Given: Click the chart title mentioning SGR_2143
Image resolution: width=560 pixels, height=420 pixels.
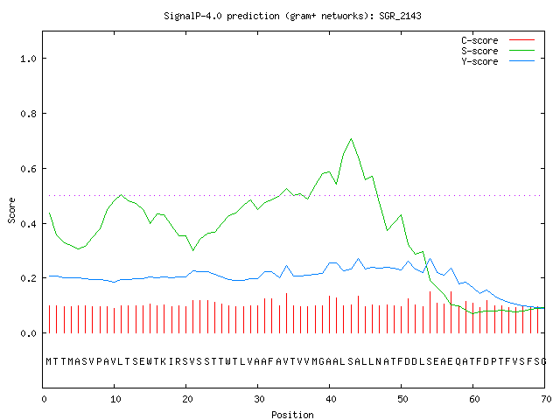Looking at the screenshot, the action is [x=292, y=16].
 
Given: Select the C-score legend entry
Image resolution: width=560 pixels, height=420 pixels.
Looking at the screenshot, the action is [x=498, y=40].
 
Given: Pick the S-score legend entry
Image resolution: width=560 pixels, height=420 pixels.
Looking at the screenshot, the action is [x=498, y=51].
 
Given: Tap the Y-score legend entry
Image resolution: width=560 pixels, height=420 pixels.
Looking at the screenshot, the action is [x=498, y=61].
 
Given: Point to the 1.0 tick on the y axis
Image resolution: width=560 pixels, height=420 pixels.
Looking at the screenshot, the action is [x=28, y=59].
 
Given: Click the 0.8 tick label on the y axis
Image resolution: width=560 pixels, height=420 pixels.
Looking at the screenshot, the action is [x=28, y=114].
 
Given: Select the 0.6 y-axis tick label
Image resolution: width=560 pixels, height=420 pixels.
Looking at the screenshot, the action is [x=28, y=169].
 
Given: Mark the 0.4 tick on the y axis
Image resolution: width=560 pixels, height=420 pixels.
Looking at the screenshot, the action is [x=28, y=224].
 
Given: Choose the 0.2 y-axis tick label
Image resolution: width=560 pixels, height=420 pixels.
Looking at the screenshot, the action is [x=28, y=278].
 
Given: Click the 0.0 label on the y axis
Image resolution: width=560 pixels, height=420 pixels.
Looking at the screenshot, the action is [x=28, y=333].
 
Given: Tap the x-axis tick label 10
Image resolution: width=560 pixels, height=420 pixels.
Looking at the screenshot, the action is [x=115, y=399].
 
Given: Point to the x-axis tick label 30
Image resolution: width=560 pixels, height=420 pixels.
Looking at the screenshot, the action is [x=259, y=399].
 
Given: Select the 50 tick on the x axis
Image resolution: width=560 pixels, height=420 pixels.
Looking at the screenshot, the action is [x=402, y=399].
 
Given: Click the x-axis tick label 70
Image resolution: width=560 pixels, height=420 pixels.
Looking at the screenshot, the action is [x=546, y=399].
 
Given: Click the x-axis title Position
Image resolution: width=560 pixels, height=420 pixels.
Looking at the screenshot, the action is [x=292, y=415].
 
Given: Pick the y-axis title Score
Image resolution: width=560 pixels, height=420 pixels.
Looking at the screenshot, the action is [x=11, y=210].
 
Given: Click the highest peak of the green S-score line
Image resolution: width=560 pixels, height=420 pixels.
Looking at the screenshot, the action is [x=352, y=138].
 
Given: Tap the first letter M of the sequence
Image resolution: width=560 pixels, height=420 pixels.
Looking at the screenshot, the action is [x=49, y=361].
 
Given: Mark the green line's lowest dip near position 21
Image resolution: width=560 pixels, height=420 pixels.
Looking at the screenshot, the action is [x=193, y=250].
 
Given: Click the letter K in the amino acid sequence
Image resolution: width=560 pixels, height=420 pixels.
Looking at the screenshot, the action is [x=164, y=361].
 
